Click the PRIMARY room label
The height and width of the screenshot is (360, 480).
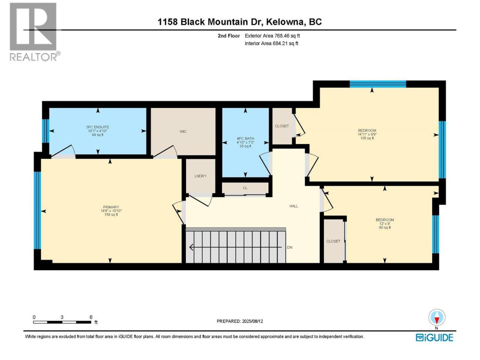[111, 207]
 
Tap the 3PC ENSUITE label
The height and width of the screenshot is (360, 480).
[97, 127]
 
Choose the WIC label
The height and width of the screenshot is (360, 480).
[183, 131]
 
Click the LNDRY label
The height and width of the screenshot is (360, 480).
[200, 176]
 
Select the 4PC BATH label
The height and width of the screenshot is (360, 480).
[245, 139]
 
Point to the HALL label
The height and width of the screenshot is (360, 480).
[294, 206]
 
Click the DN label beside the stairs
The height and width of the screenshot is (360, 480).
[289, 247]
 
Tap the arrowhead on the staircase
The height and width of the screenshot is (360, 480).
[191, 247]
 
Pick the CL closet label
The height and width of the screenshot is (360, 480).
[245, 188]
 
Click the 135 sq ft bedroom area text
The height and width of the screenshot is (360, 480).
[367, 138]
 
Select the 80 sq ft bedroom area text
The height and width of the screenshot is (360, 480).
[385, 228]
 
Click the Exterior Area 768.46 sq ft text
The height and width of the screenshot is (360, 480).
[272, 36]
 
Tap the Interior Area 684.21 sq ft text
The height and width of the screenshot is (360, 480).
[271, 43]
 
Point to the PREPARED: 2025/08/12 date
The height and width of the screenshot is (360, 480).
[240, 321]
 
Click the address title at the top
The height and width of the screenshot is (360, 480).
[240, 22]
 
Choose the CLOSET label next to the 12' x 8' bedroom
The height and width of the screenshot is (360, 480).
[333, 241]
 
